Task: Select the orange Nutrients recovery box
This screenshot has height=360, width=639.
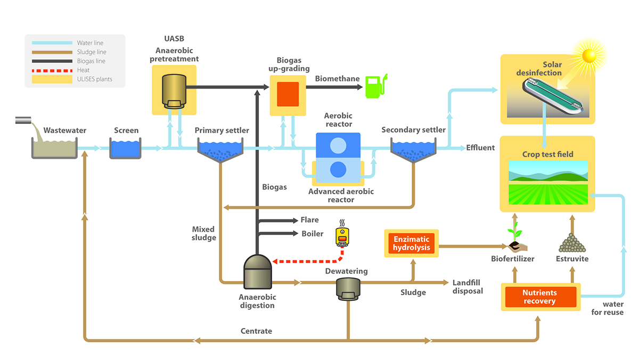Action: pyautogui.click(x=540, y=297)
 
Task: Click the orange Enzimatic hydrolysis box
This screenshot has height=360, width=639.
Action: pyautogui.click(x=411, y=243)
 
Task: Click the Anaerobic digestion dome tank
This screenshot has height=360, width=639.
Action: pyautogui.click(x=258, y=271)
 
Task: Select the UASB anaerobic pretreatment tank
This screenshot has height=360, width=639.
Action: pyautogui.click(x=174, y=90)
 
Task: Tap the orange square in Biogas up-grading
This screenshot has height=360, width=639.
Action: pyautogui.click(x=288, y=95)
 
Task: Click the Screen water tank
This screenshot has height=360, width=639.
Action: pyautogui.click(x=125, y=149)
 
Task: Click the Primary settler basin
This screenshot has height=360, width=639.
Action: pyautogui.click(x=220, y=150)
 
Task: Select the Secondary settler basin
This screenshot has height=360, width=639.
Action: pyautogui.click(x=413, y=150)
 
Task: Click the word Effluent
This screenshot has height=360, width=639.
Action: pyautogui.click(x=480, y=148)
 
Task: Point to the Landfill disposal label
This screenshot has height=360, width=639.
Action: pyautogui.click(x=468, y=287)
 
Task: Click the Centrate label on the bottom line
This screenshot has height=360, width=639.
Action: pyautogui.click(x=256, y=331)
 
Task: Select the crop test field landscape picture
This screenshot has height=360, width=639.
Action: pyautogui.click(x=548, y=183)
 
